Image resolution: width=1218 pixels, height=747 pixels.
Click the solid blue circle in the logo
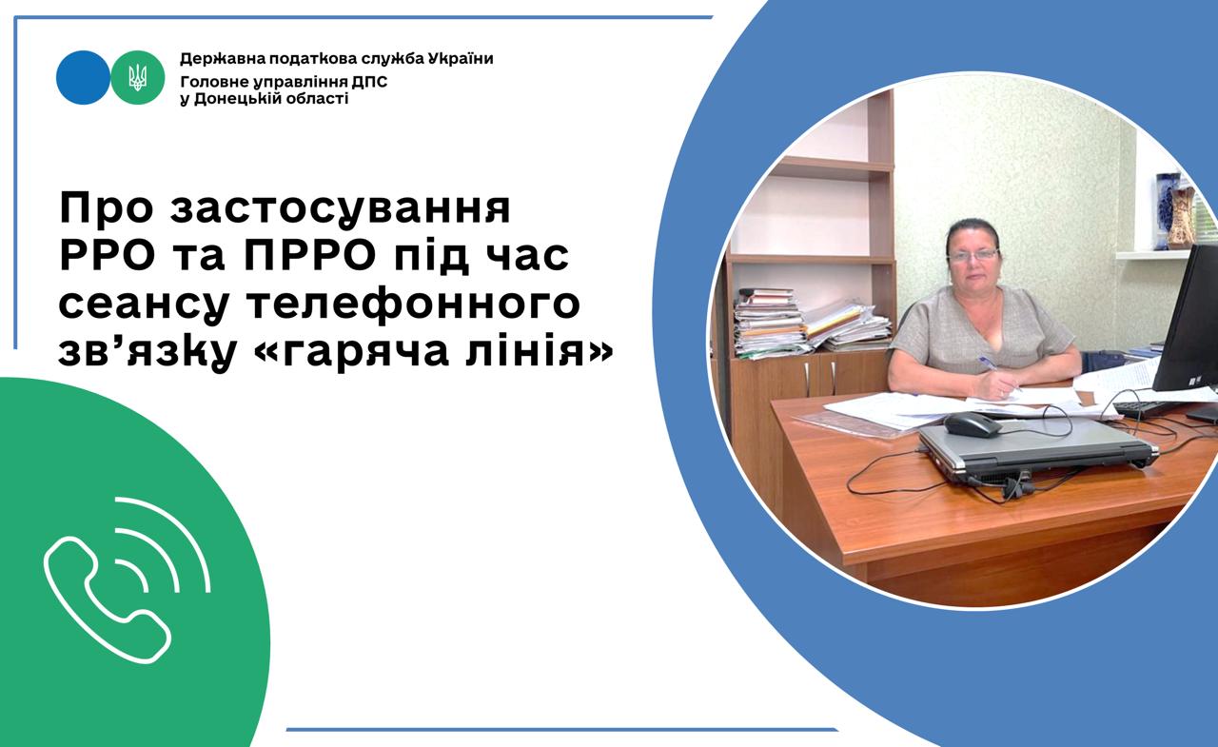coord(83,77)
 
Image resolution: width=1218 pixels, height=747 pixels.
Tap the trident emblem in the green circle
coord(138,77)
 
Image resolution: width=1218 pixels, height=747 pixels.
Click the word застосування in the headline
coord(341,207)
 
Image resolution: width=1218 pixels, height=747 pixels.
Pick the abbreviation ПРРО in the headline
coord(310,255)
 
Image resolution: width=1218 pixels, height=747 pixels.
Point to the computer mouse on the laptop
coord(972,423)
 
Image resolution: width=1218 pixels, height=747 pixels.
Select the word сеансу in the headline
coord(145,305)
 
